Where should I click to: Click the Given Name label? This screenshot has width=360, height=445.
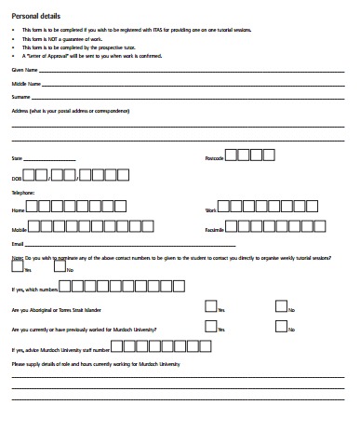point(24,70)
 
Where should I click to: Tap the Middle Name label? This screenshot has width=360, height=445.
point(26,84)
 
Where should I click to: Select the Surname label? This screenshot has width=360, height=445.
point(21,97)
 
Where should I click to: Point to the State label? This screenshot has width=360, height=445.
point(16,159)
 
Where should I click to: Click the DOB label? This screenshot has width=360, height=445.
point(16,177)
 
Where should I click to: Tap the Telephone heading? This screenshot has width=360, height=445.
point(22,193)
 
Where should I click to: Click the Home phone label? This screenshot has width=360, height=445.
point(18,211)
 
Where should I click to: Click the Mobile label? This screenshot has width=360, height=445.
point(19,229)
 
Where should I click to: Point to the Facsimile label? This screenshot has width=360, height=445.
point(214,229)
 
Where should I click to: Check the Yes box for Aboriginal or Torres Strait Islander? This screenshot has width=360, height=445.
point(209,305)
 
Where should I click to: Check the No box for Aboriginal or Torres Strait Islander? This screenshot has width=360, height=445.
point(281,305)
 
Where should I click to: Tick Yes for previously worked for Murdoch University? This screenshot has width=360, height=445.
point(209,326)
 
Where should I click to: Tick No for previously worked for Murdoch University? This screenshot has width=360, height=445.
point(281,326)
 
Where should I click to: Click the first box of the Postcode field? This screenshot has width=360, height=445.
point(232,155)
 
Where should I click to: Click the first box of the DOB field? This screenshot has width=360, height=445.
point(29,173)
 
